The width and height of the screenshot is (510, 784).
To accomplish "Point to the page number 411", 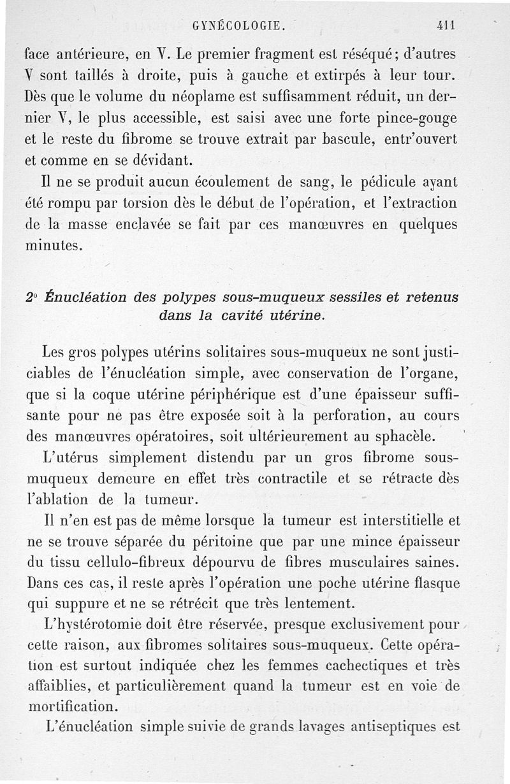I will [444, 26].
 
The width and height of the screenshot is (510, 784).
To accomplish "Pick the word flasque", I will [434, 583].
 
